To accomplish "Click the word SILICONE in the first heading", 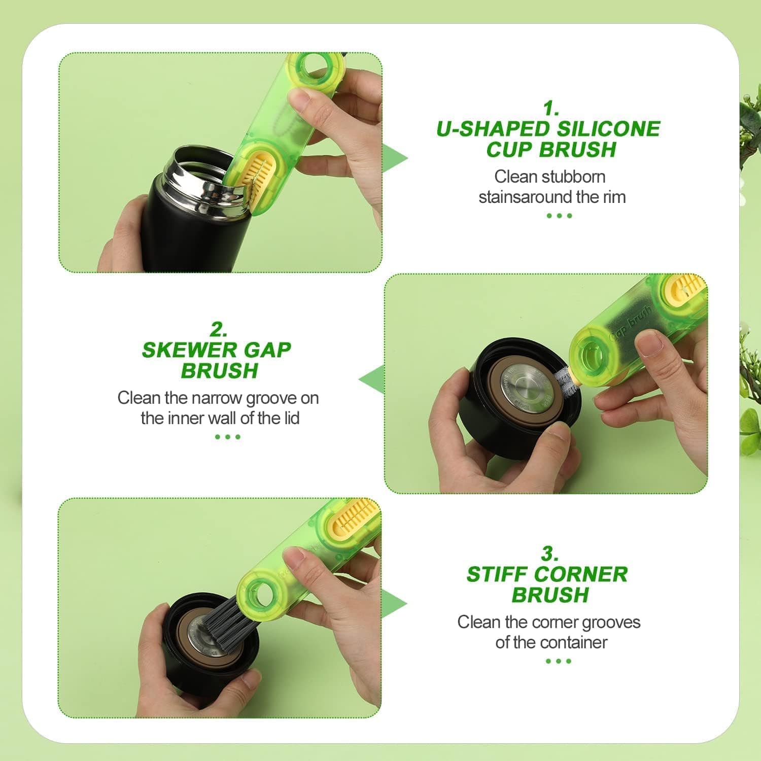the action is click(608, 129).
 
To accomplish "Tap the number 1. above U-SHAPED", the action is click(551, 108).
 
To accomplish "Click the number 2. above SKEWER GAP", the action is click(219, 330).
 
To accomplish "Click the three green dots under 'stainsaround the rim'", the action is click(559, 216).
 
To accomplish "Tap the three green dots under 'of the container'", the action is click(559, 661).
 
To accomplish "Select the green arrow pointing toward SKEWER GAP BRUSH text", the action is click(372, 379).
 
